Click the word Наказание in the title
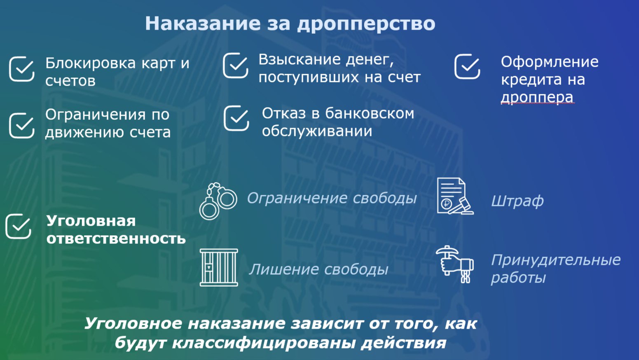(x=203, y=23)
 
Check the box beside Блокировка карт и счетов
(x=22, y=69)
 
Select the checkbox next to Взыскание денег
(x=235, y=65)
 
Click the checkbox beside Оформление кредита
(x=467, y=66)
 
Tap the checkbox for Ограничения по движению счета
(x=22, y=126)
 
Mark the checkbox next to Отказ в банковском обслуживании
(x=236, y=118)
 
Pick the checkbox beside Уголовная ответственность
(x=18, y=226)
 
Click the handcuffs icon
(x=218, y=201)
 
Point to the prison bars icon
(x=219, y=267)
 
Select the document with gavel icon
(x=455, y=196)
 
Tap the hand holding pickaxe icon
(x=455, y=264)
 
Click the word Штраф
(x=517, y=201)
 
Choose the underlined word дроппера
(x=537, y=97)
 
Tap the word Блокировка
(x=90, y=63)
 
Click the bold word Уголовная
(x=91, y=221)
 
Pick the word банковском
(x=370, y=113)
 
